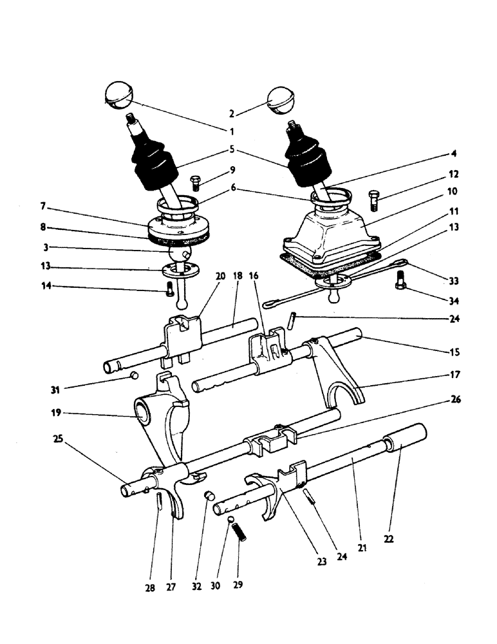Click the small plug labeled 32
pyautogui.click(x=209, y=495)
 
